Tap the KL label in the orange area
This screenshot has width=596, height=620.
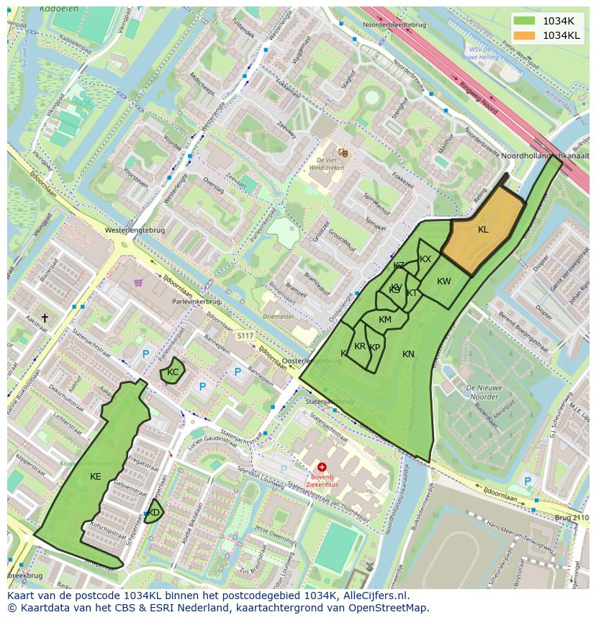coord(483,230)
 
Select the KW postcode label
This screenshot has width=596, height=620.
coord(444,282)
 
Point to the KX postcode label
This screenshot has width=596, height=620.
coord(425,259)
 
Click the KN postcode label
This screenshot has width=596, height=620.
coord(408,354)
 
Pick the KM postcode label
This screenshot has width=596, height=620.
coord(385,320)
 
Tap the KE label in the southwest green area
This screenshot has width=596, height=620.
coord(96,477)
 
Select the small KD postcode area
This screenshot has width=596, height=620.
coord(154,512)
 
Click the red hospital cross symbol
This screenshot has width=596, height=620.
coord(322,467)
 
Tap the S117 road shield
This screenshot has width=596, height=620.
coord(245,336)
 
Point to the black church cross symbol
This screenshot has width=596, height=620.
coord(45,318)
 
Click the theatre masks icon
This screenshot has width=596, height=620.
coord(343,153)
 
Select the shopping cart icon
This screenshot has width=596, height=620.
coord(137,282)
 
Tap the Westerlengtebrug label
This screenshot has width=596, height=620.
coord(135,230)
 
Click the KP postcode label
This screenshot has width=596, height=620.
coord(374,348)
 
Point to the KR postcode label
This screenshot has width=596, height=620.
coord(360,346)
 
